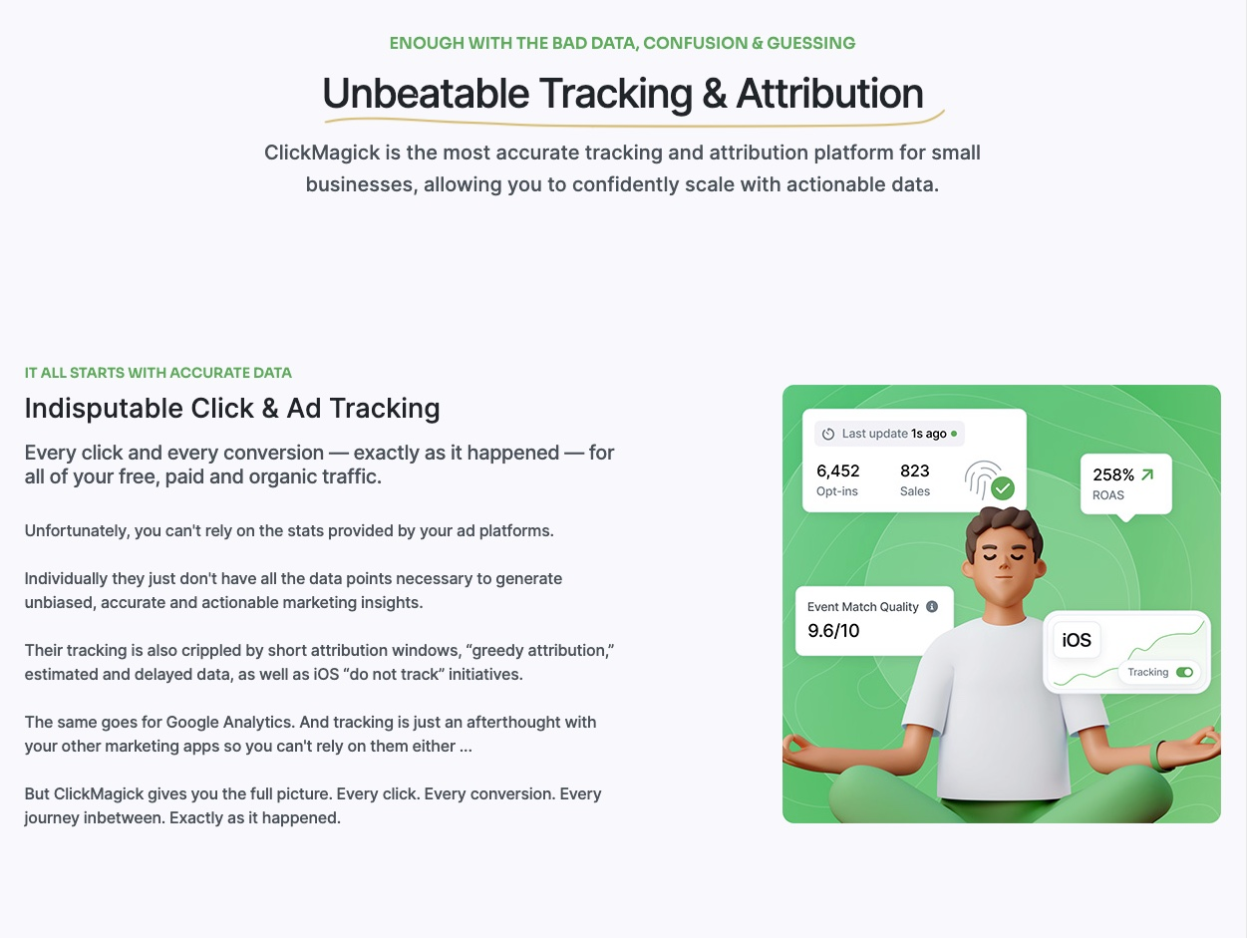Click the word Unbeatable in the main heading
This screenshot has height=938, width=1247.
coord(426,93)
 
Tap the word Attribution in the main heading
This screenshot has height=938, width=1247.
coord(829,93)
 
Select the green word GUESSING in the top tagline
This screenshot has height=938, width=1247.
coord(810,43)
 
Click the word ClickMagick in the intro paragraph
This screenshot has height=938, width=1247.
coord(322,153)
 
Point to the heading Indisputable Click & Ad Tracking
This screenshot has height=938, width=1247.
coord(232,409)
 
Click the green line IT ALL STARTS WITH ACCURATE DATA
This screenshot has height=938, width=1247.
coord(157,373)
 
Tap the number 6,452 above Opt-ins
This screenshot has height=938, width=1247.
coord(838,470)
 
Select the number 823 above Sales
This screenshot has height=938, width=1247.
coord(915,470)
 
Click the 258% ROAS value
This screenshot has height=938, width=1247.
coord(1113,474)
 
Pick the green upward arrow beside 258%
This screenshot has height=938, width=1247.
coord(1147,474)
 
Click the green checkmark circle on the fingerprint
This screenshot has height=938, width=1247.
coord(1003,488)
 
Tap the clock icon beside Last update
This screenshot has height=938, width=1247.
coord(828,434)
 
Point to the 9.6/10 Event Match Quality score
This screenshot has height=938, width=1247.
coord(833,631)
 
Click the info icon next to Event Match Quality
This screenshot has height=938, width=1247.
coord(932,607)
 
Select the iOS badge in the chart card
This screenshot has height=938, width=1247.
coord(1077,640)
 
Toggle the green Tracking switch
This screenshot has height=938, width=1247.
coord(1184,673)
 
